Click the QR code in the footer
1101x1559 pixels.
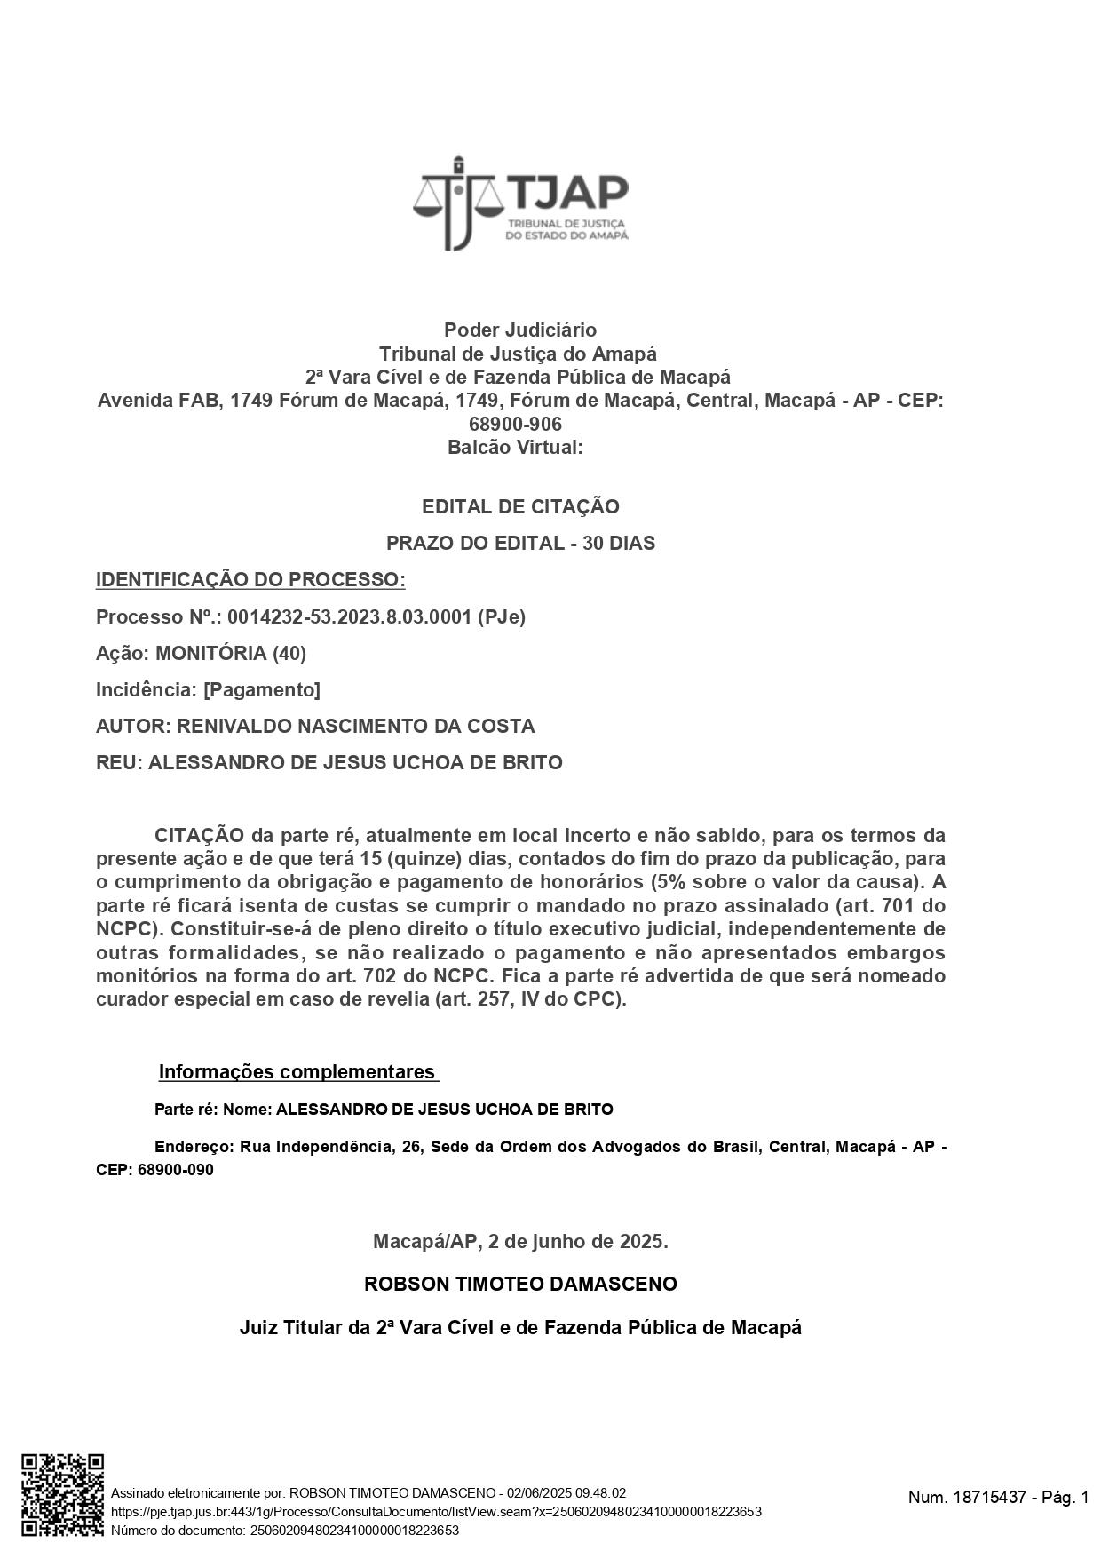pos(62,1494)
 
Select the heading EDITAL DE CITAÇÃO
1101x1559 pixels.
pos(520,506)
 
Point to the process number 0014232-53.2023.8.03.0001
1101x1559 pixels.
pos(349,616)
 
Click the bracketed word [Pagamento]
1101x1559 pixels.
pos(262,689)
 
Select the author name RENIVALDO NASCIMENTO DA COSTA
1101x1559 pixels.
pos(355,726)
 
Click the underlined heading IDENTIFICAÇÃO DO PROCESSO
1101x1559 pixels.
pos(250,580)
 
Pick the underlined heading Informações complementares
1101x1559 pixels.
pos(297,1071)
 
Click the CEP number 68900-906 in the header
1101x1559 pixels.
pos(515,424)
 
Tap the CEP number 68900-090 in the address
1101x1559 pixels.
pos(175,1170)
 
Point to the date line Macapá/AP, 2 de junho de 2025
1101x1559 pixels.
pos(520,1241)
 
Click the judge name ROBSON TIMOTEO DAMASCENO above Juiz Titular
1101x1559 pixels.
pos(520,1284)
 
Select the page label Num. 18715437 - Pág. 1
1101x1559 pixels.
pos(998,1497)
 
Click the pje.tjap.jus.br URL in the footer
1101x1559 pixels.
pos(436,1512)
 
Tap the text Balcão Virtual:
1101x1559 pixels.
pos(515,447)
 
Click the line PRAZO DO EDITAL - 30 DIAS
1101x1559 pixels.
pos(520,543)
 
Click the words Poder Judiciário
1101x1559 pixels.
pos(520,330)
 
